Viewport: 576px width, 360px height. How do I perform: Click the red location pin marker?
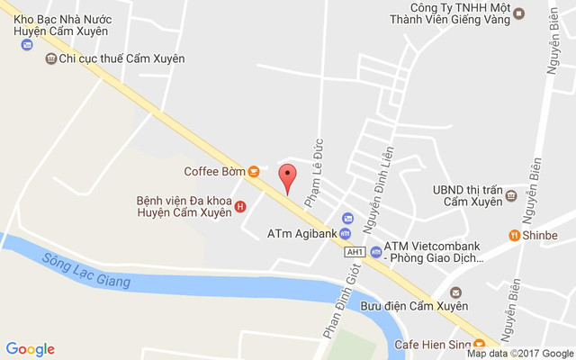(x=287, y=176)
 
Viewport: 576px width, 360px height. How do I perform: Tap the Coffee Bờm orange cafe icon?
(x=255, y=171)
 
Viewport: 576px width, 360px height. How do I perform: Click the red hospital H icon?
(x=239, y=207)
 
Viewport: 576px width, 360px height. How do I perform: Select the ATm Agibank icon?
(x=346, y=219)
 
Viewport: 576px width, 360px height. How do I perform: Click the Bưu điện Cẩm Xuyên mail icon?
(x=455, y=292)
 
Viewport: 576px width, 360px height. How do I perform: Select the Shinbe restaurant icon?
(x=514, y=236)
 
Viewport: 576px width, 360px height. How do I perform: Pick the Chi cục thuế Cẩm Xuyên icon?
(x=50, y=58)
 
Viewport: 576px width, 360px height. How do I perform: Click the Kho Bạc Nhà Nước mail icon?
(x=27, y=44)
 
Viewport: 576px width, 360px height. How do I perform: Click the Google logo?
(x=30, y=349)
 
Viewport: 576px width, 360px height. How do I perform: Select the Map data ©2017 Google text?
(x=519, y=354)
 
